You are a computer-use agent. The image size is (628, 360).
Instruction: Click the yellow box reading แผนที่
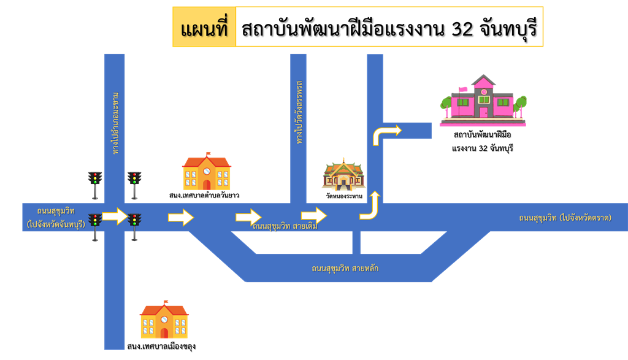(204, 28)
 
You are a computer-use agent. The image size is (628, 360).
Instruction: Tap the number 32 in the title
(461, 28)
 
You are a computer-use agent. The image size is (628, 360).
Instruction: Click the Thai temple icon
(343, 174)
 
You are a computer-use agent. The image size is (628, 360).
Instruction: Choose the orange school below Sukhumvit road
(164, 320)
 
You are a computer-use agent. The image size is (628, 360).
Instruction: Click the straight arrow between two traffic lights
(115, 216)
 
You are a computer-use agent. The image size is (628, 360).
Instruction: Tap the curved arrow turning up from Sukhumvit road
(370, 206)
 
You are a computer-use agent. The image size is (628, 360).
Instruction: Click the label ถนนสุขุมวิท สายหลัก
(345, 268)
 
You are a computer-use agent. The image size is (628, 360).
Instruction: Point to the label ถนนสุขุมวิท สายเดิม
(285, 226)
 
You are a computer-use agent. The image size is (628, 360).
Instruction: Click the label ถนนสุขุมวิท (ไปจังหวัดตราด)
(565, 218)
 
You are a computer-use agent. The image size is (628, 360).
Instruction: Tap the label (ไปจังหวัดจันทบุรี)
(56, 224)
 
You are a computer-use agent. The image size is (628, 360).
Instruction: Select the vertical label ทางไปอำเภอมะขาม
(115, 123)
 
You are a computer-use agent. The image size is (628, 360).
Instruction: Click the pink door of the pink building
(484, 112)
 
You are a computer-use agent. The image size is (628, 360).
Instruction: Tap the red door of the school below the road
(164, 333)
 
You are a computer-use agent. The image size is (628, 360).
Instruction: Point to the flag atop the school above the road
(209, 153)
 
